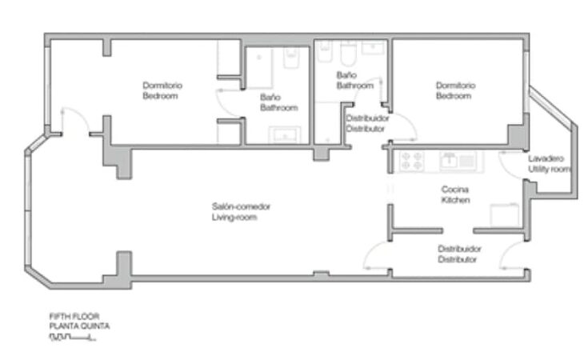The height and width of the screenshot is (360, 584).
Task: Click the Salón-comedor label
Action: point(241,206)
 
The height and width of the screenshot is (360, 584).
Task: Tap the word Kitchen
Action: point(455,200)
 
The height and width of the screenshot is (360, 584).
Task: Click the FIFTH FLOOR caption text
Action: point(74,317)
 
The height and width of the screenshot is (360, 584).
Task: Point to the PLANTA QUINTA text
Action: point(80,326)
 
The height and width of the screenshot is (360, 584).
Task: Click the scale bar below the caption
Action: point(73,338)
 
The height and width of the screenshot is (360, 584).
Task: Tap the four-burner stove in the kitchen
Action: point(412,161)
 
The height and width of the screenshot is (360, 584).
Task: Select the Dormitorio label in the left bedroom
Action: point(162,86)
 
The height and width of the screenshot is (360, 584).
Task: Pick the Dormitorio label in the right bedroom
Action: point(455,86)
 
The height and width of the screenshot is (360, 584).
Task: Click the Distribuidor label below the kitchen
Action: point(460,249)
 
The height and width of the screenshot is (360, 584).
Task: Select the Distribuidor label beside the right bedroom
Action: point(368,118)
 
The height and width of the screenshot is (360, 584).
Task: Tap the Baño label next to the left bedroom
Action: point(270,97)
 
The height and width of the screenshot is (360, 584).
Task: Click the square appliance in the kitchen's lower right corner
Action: point(505,215)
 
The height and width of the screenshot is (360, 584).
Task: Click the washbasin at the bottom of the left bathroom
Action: point(285,134)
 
